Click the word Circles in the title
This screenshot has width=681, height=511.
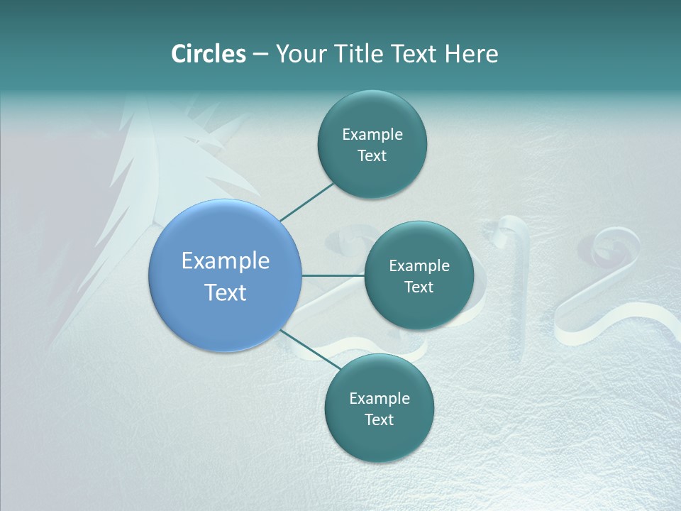point(209,54)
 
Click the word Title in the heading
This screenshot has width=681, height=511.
point(357,54)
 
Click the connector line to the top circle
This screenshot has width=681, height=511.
point(306,202)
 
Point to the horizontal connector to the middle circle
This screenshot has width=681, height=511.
point(333,275)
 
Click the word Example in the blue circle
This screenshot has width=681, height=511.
point(226,261)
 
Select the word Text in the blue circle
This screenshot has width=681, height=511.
point(226,292)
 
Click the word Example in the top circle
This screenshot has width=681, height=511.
point(372,135)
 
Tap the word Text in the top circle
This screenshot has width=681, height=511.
point(372,156)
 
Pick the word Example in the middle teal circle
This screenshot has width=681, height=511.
point(419,266)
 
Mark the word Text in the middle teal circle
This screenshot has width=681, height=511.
point(419,287)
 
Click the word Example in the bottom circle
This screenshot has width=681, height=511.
point(380,399)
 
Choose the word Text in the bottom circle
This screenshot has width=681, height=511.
point(379,420)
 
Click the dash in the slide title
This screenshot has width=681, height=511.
point(260,55)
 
